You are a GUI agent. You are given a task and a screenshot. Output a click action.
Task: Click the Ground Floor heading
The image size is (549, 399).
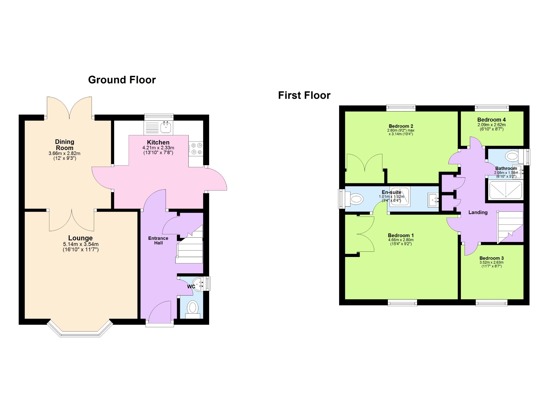(x=122, y=80)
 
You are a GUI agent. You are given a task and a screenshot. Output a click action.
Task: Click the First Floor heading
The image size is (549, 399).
(x=304, y=95)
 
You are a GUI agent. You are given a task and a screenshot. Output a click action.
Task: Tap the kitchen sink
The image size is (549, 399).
(x=166, y=127)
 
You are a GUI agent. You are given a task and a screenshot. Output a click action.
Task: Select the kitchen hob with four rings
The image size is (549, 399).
(x=196, y=149)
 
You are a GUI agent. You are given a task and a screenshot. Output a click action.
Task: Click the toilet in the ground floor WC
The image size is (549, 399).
(x=193, y=309)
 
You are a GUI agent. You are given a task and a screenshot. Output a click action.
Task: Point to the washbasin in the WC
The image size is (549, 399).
(x=199, y=284)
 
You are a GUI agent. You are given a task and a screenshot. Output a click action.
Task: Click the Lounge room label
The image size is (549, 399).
(x=80, y=238)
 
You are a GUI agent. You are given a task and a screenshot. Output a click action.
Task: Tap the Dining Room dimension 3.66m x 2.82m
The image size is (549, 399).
(x=64, y=154)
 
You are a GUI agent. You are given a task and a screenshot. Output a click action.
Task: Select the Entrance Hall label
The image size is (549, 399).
(x=158, y=241)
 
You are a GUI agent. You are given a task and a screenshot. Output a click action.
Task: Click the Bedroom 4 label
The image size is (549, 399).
(x=491, y=120)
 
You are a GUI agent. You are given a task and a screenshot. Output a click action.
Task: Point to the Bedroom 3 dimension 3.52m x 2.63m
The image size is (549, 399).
(x=491, y=263)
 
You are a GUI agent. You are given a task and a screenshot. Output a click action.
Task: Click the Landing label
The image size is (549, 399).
(x=478, y=212)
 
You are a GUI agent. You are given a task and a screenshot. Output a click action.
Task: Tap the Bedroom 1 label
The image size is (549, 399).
(x=401, y=236)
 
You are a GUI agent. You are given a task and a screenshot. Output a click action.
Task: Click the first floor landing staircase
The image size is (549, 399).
(x=510, y=227)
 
